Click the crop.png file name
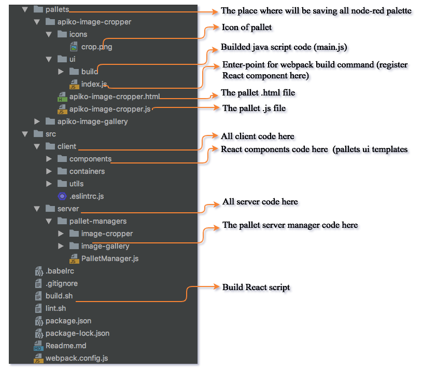point(96,47)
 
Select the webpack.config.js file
point(77,358)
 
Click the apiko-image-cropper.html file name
point(115,97)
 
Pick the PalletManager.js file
point(110,258)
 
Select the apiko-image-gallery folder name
point(93,121)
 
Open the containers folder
point(87,171)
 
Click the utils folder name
point(76,184)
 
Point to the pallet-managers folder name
point(97,221)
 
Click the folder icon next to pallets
point(37,9)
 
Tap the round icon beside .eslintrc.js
point(62,196)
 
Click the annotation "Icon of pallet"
point(247,27)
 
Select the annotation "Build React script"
point(256,287)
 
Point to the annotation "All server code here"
point(260,201)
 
